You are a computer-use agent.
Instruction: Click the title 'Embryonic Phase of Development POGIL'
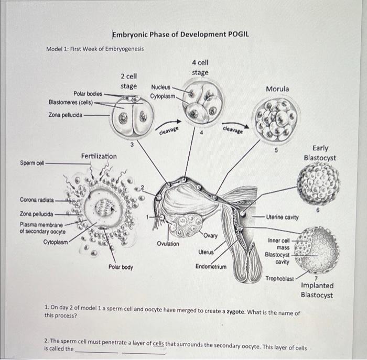(180, 35)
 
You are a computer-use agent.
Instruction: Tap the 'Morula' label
(277, 89)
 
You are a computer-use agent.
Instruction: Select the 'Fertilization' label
(99, 156)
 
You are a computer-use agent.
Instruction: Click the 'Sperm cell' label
(32, 162)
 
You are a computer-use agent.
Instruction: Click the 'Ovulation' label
(167, 244)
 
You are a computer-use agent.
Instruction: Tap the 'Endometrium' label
(211, 266)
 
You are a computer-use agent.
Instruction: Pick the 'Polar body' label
(121, 267)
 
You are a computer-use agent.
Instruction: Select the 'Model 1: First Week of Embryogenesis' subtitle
(95, 49)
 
